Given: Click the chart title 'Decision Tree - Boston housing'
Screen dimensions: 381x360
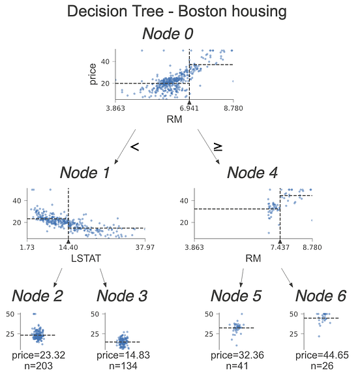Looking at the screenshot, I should pos(179,12).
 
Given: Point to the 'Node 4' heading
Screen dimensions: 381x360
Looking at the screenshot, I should pos(252,173).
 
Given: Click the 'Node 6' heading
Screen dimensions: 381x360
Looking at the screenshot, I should pos(321,296).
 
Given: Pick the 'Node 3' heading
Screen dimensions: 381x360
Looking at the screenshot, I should pos(122,296).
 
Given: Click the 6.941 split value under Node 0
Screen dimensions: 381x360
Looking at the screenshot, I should pos(189,108).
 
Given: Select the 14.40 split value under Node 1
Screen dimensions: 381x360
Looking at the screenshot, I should pos(68,248).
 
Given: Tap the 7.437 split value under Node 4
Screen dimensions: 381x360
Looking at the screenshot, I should pos(280,248).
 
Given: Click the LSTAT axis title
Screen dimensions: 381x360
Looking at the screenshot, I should pos(85,259).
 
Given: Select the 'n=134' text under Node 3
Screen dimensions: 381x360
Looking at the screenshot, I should pos(122,365).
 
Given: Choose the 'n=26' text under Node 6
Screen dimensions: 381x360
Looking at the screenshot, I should pos(321,365).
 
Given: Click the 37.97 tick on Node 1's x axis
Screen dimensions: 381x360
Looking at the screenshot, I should pos(145,248).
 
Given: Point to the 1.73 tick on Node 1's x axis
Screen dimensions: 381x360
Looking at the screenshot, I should pos(27,248).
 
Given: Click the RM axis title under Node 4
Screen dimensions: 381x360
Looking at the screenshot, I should pos(253,259).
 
